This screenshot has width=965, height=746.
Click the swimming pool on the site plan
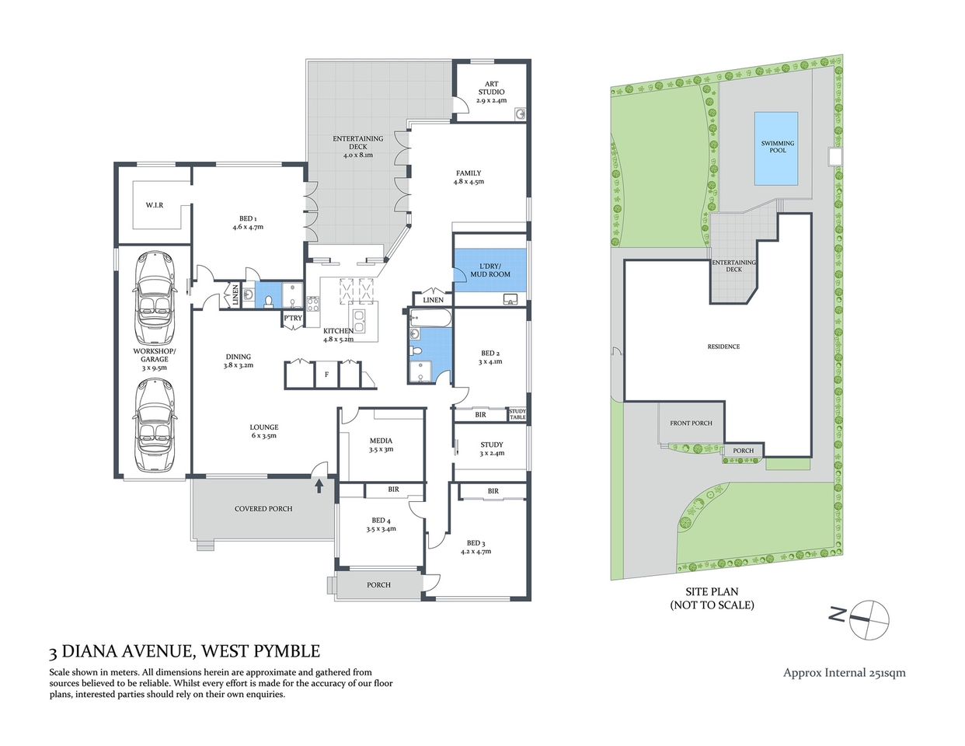(776, 148)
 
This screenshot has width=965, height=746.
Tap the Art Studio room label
(491, 92)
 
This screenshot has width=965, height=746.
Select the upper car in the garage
(154, 299)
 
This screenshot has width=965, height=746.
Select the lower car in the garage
(154, 426)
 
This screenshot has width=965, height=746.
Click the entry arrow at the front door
(319, 486)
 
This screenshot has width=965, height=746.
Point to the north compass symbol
(868, 619)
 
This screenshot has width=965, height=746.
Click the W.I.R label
(154, 205)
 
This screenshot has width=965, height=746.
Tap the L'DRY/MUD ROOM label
(490, 270)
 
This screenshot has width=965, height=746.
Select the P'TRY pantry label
(293, 318)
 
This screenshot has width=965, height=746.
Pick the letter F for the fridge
(326, 375)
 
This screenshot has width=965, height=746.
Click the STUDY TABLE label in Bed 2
(517, 414)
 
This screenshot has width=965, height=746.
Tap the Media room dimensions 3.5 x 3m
(381, 449)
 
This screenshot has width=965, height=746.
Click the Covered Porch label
(263, 508)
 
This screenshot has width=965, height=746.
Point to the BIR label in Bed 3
(493, 491)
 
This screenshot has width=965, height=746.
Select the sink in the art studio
(520, 114)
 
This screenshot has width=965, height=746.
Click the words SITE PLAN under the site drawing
(712, 591)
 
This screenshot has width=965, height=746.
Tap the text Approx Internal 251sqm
(844, 673)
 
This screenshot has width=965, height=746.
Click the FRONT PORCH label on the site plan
(691, 423)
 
